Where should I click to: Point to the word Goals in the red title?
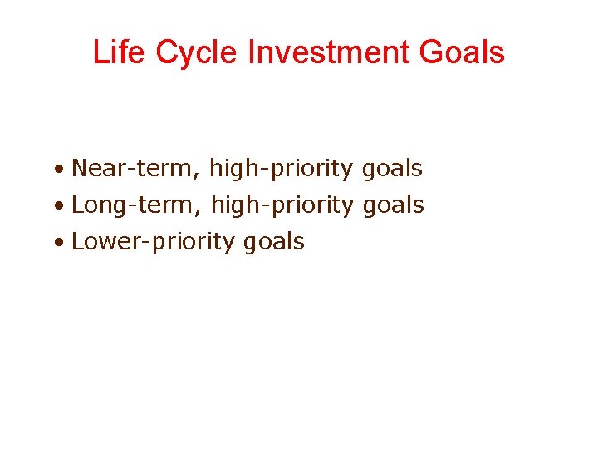tap(463, 52)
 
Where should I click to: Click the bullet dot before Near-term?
tap(61, 170)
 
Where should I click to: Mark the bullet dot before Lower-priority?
tap(61, 244)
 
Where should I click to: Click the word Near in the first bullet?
tap(96, 169)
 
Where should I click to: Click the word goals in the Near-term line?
tap(392, 170)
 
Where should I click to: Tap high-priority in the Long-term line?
tap(282, 205)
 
